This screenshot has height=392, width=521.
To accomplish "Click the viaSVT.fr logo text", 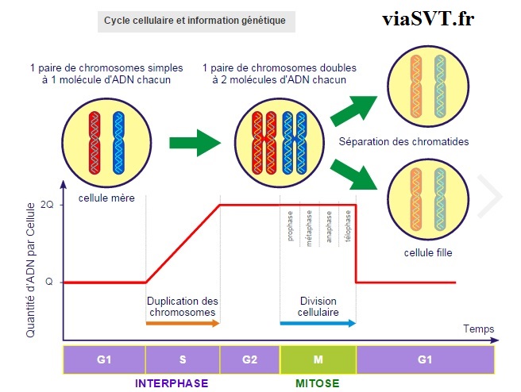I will tap(426, 19).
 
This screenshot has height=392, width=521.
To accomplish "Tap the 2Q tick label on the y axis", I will tap(48, 205).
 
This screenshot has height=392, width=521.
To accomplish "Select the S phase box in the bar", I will tap(182, 359).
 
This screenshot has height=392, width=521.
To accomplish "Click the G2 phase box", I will tap(249, 359).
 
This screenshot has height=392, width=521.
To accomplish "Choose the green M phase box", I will tap(318, 359).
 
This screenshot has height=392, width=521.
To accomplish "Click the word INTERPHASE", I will tap(171, 383).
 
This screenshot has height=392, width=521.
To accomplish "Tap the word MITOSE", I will tap(318, 383).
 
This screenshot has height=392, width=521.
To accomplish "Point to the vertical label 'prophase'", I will tap(291, 226).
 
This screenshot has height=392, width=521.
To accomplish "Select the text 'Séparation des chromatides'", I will tap(403, 142).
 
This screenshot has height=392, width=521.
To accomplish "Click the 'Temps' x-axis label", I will tap(478, 329).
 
